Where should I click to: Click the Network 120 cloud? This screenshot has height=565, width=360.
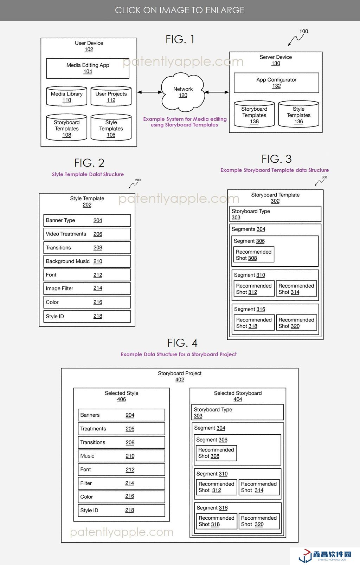point(183,92)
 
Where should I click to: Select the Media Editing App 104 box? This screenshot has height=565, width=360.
point(88,68)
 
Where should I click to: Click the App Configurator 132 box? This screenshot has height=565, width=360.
point(276,83)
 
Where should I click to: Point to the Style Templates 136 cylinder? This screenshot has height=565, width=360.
point(298,115)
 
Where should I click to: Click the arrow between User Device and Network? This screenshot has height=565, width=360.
point(149,92)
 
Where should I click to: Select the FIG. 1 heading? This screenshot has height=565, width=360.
point(180,39)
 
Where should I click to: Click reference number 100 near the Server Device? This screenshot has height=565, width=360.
point(304,31)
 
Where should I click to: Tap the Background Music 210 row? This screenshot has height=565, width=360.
point(87,261)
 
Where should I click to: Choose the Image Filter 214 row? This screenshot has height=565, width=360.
point(87,288)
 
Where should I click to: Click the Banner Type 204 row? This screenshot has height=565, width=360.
point(87,220)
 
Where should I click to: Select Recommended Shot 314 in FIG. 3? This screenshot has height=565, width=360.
point(296,289)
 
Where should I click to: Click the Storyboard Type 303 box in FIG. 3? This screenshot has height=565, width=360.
point(275,214)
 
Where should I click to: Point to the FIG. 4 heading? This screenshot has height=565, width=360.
point(182,343)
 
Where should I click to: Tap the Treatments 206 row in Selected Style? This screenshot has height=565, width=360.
point(121,429)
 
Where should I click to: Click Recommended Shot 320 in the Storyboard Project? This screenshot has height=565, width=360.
point(259,521)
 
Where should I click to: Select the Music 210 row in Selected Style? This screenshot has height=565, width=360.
point(121,456)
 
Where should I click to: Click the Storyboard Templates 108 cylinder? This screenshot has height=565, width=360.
point(66,128)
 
